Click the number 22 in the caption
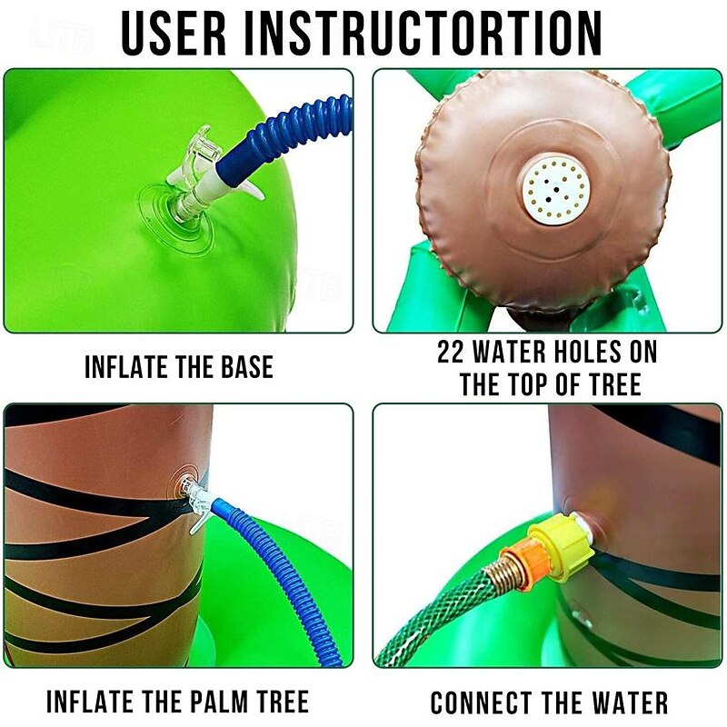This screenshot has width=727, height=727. (x=453, y=352)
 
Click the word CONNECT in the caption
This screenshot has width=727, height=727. (x=483, y=702)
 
